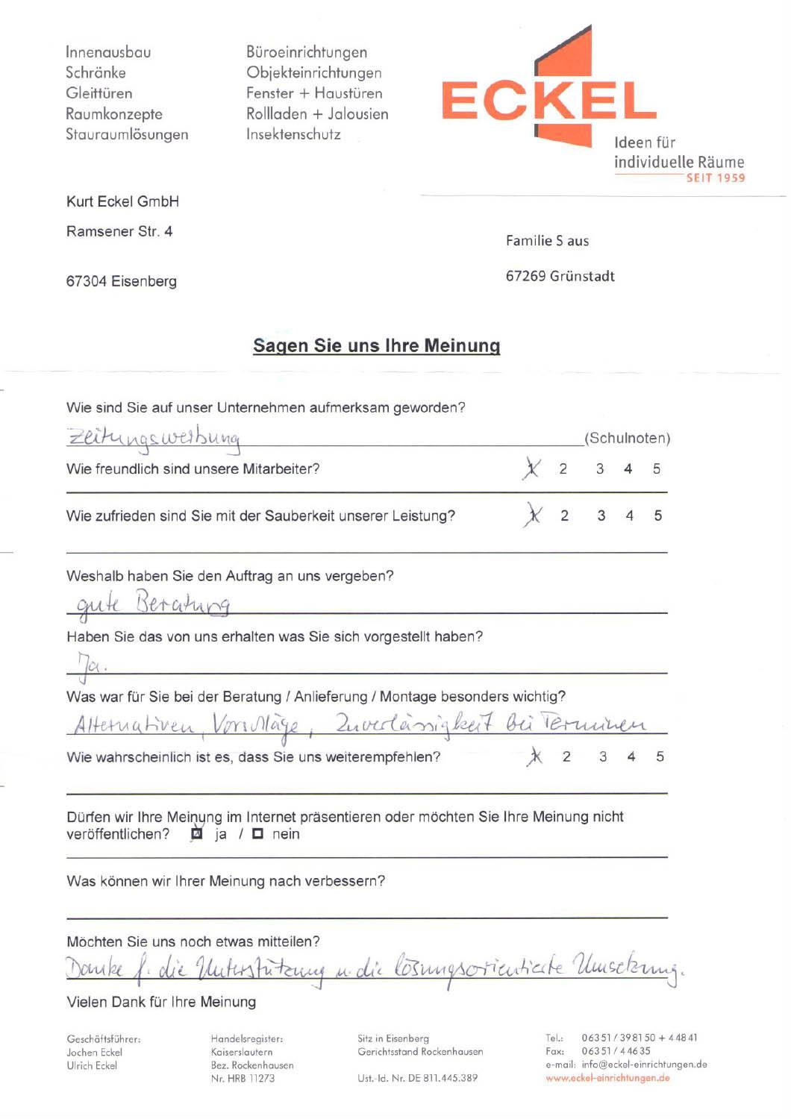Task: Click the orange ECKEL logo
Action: coord(548,101)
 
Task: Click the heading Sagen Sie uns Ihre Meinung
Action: coord(376,345)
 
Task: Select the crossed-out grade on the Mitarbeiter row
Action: coord(531,468)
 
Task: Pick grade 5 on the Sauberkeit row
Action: coord(657,515)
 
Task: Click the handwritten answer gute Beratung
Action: coord(154,603)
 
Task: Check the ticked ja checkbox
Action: coord(197,834)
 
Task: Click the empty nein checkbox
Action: coord(257,834)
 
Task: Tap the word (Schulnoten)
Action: coord(627,438)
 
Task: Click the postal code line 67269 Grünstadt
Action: coord(560,276)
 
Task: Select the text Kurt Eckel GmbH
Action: coord(122,201)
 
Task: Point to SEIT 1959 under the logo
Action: coord(715,178)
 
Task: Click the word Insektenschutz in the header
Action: coord(293,134)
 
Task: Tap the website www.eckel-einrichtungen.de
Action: coord(607,1078)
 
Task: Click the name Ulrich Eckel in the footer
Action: coord(92,1065)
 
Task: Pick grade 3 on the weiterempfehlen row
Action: coord(603,756)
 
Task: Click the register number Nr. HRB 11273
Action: coord(243,1078)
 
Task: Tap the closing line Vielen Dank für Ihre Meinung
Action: coord(161,1002)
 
